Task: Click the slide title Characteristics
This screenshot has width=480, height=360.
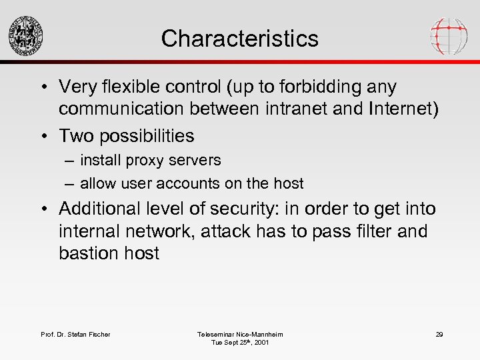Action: pyautogui.click(x=239, y=38)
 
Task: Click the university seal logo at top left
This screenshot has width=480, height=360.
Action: pyautogui.click(x=26, y=35)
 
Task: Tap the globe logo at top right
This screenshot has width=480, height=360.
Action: pyautogui.click(x=449, y=35)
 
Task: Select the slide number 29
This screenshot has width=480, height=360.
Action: pyautogui.click(x=439, y=334)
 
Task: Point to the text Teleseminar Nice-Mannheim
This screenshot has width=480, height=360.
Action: pyautogui.click(x=240, y=334)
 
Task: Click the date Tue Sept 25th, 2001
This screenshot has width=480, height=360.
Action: pyautogui.click(x=240, y=343)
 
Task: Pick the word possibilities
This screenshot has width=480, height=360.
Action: pyautogui.click(x=148, y=135)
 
